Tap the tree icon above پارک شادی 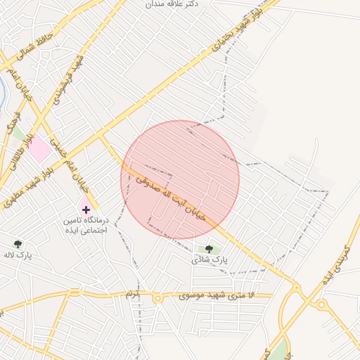coord(208,248)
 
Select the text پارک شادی coord(210,259)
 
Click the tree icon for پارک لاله coord(18,244)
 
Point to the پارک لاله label coord(21,255)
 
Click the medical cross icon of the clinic coord(86,210)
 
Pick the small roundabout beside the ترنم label coord(157,298)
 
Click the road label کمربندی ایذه coord(335,259)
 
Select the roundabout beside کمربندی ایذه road coord(321,304)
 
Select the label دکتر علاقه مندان coord(173,4)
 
